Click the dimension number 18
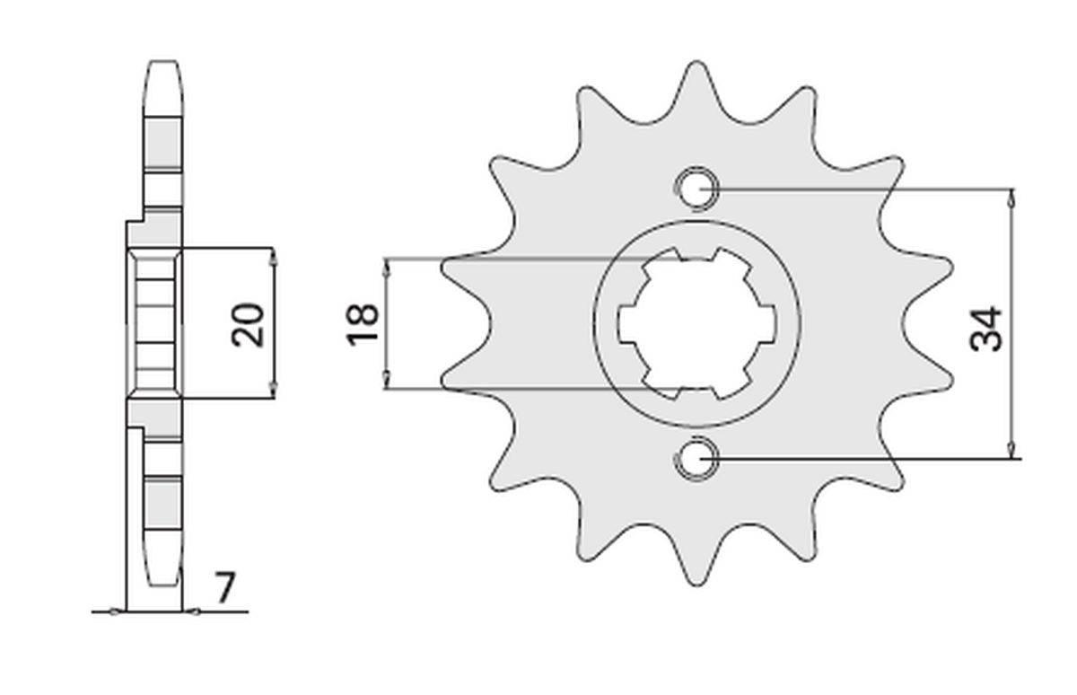(x=363, y=324)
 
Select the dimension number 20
(x=249, y=324)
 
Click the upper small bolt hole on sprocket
(x=696, y=189)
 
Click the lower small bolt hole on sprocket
(x=696, y=459)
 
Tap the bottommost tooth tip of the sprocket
(x=696, y=582)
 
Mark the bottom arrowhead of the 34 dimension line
(x=1011, y=453)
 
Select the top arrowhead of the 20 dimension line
(x=275, y=255)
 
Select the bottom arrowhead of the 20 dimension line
(x=275, y=391)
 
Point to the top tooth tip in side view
(x=162, y=64)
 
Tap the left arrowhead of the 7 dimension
(x=115, y=612)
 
